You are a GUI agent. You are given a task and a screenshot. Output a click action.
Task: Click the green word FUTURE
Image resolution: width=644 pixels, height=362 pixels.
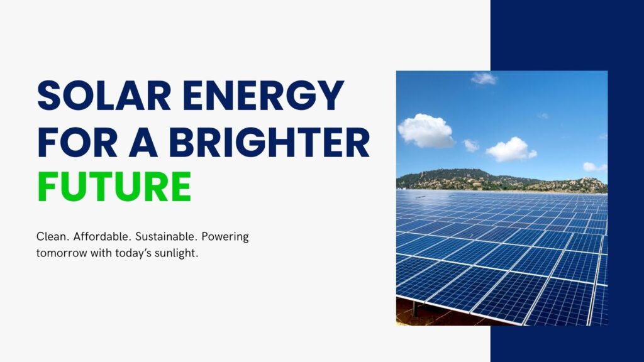click(114, 187)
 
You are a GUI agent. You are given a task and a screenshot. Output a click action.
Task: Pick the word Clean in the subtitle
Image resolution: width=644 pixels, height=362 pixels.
click(53, 238)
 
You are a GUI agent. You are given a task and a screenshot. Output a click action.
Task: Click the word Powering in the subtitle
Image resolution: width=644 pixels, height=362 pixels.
click(227, 238)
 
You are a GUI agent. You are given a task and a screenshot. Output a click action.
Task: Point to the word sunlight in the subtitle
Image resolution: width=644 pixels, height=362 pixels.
click(175, 253)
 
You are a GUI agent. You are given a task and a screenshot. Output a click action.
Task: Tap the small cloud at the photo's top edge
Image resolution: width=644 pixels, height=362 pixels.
click(484, 78)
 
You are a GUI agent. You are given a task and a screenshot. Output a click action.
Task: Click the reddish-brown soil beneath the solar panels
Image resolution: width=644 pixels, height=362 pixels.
click(440, 314)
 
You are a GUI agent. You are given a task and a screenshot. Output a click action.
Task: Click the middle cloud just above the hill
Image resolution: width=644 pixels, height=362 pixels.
click(510, 149)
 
